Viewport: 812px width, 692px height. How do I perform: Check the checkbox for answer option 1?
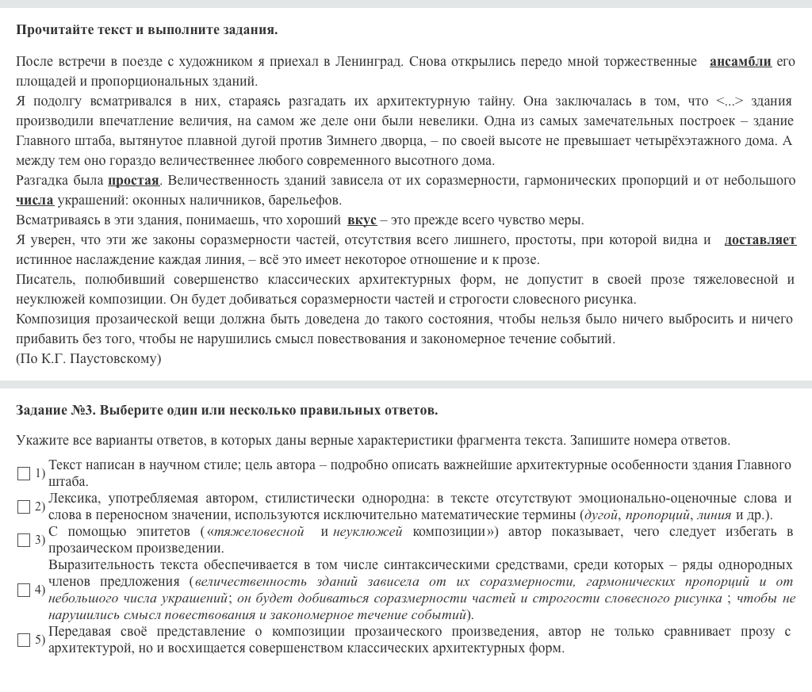point(24,473)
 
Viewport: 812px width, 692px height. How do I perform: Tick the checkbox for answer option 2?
point(24,507)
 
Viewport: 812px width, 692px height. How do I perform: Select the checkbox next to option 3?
point(24,540)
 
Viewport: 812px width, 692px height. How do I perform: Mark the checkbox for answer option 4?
point(24,590)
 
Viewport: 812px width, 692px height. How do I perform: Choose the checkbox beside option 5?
point(24,640)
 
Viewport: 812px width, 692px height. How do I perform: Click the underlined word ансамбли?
point(740,61)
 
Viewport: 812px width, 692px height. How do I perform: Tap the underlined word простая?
point(133,180)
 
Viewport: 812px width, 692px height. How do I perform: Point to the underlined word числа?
point(35,200)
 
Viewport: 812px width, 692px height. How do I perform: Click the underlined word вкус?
point(362,220)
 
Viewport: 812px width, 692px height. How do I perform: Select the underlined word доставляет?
point(760,239)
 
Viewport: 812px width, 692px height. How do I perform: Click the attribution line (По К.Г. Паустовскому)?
point(88,358)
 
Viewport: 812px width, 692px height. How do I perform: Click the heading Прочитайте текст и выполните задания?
point(147,30)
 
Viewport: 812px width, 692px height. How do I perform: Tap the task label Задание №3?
point(56,410)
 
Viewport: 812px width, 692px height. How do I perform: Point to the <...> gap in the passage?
point(730,101)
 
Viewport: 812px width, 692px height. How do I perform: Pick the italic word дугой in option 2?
point(600,514)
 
